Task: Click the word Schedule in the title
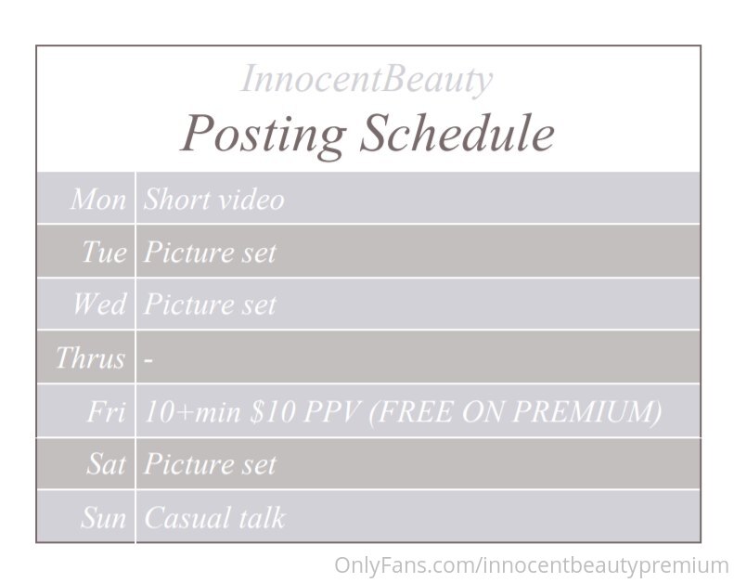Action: (x=457, y=133)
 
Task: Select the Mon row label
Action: (x=98, y=200)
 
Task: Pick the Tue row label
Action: (x=104, y=252)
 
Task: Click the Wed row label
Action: (x=99, y=304)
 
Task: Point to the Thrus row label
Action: (x=90, y=358)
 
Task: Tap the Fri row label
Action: (x=107, y=411)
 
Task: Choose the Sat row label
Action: (x=107, y=464)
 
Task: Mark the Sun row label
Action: (x=103, y=517)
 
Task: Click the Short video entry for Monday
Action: (x=214, y=200)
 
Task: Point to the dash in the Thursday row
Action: (x=148, y=360)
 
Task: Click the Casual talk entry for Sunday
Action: (x=215, y=517)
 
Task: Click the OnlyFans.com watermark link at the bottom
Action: (x=532, y=565)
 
